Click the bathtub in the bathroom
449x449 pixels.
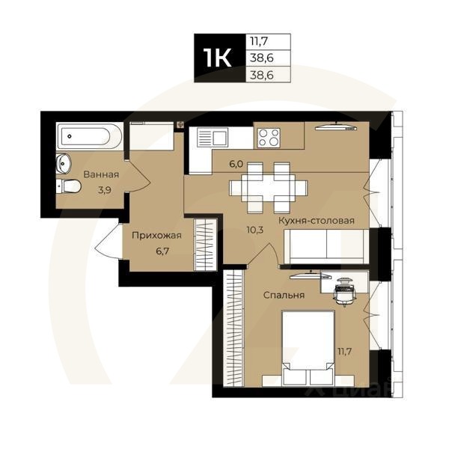(x=88, y=136)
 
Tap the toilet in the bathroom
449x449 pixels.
(x=70, y=186)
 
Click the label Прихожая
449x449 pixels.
(x=156, y=235)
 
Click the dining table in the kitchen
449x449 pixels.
(x=272, y=184)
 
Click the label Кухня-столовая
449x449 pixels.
(x=316, y=221)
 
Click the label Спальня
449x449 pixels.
(x=283, y=295)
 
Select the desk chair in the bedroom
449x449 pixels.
(x=343, y=292)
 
